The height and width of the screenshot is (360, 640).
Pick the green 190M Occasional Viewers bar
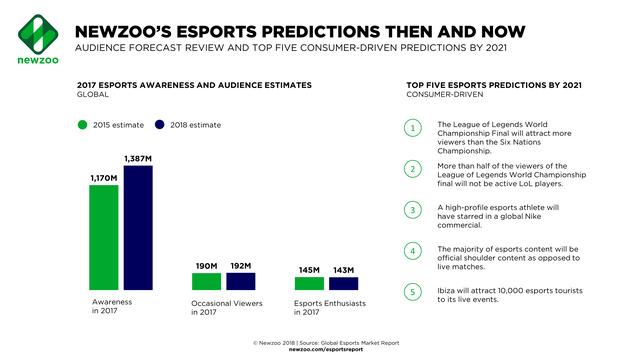click(x=207, y=282)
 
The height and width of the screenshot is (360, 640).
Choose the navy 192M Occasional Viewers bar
click(x=240, y=282)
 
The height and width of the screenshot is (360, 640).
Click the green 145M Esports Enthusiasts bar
click(x=309, y=285)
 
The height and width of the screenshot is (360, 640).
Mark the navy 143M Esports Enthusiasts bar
click(x=342, y=285)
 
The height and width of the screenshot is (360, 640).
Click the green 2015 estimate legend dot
click(x=84, y=125)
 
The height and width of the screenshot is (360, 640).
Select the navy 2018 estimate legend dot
click(x=159, y=125)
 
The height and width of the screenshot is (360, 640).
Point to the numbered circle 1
click(x=412, y=129)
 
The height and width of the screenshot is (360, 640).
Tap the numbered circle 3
click(x=412, y=210)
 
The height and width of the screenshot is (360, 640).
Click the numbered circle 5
click(x=412, y=292)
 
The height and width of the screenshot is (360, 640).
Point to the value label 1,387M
click(x=137, y=159)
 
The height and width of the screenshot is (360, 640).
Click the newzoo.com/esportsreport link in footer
click(x=319, y=351)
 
